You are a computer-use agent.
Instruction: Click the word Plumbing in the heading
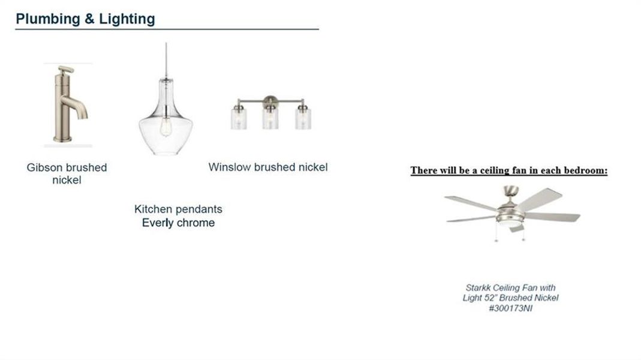click(x=48, y=19)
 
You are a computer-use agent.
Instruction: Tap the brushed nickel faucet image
click(x=68, y=104)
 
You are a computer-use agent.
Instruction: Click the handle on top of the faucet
click(x=65, y=70)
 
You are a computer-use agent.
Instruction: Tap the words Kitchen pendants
click(x=178, y=209)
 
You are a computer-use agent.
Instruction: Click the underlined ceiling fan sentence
click(x=509, y=170)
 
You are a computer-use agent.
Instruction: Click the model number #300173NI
click(x=511, y=308)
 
